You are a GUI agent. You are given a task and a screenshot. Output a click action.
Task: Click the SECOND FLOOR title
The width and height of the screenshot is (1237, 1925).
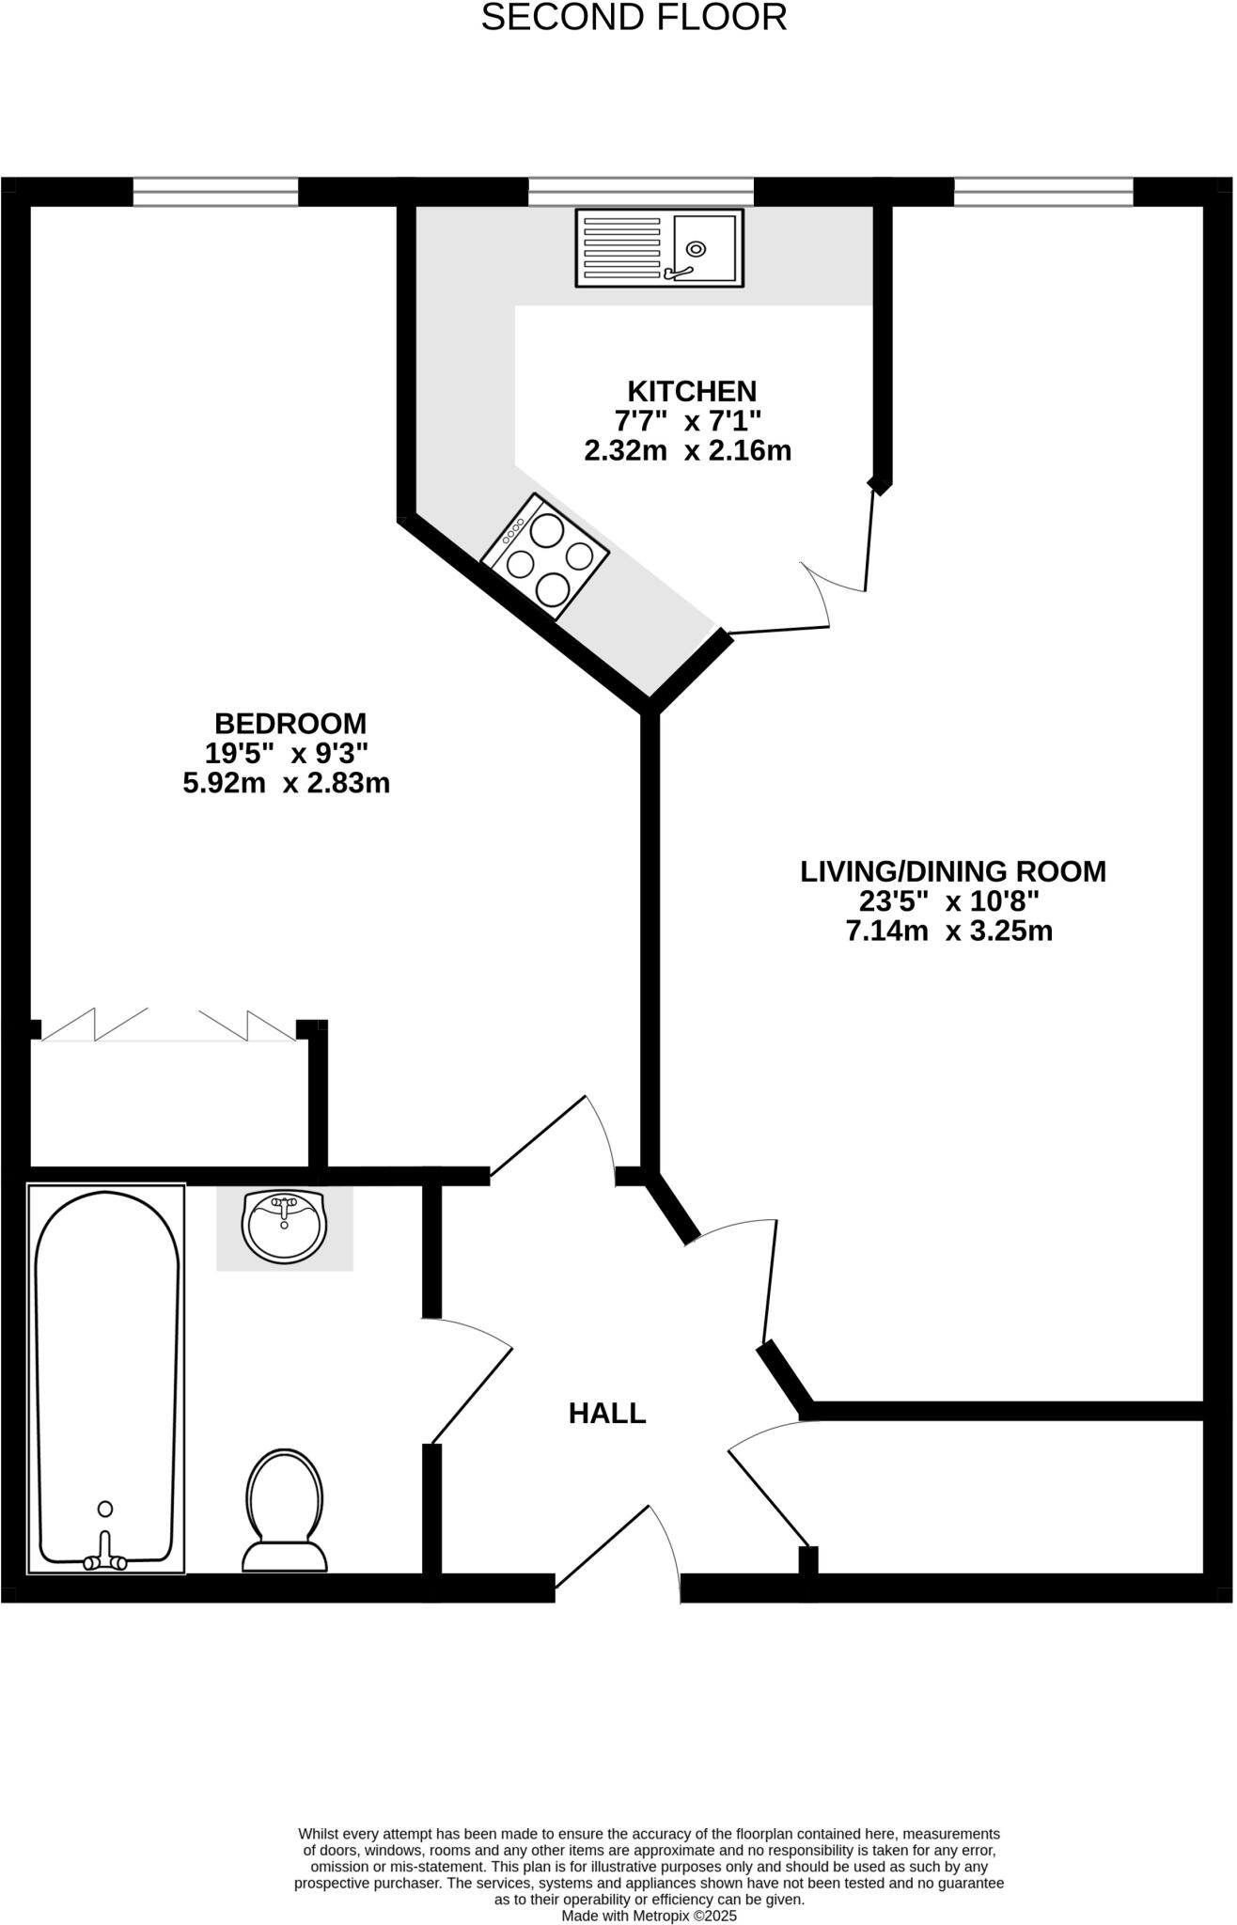634,18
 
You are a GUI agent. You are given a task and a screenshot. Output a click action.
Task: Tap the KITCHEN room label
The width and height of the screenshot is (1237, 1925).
692,391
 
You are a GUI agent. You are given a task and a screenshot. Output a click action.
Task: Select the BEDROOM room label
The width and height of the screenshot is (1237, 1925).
290,724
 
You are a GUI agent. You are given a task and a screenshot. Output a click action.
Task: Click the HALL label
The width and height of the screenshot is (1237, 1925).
607,1414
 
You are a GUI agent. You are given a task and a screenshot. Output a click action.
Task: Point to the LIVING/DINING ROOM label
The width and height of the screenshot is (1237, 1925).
952,871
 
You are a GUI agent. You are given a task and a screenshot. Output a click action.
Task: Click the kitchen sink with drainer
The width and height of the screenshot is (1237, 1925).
659,247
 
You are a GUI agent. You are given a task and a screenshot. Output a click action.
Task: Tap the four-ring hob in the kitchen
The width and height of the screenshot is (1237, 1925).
544,557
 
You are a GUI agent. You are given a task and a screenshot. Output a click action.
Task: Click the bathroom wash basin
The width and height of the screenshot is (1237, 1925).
284,1226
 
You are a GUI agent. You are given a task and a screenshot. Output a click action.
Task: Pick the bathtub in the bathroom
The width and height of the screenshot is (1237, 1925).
106,1377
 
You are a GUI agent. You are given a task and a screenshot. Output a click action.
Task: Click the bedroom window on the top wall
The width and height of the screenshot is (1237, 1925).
215,192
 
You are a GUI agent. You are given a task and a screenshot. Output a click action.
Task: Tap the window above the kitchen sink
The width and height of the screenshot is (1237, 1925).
640,192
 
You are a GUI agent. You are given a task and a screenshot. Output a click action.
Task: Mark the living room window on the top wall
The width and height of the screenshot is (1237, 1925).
1043,192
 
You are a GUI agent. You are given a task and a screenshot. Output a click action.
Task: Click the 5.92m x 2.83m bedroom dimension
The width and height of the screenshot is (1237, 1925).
286,783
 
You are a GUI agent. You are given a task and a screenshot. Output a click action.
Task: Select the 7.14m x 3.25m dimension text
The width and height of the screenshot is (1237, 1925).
948,931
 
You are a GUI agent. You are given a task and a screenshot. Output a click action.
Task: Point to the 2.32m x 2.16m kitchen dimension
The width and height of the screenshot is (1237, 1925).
687,451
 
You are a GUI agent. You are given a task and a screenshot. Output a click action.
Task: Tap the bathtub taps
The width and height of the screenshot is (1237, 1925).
105,1561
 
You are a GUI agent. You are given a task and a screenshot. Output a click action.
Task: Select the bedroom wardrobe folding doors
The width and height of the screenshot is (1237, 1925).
168,1025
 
